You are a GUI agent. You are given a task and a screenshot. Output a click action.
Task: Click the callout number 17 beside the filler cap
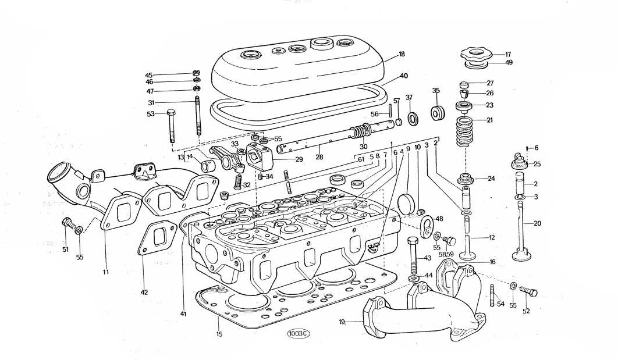[507, 54]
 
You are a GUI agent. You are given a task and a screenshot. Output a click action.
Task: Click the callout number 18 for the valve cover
[402, 54]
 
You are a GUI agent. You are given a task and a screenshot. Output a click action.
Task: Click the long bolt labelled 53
[172, 126]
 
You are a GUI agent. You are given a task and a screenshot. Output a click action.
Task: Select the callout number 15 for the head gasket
[219, 334]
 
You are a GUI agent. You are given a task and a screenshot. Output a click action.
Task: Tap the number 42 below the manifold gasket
[144, 292]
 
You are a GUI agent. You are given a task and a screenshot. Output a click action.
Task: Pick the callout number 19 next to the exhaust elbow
[343, 321]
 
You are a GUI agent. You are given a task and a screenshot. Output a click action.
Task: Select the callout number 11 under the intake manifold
[105, 272]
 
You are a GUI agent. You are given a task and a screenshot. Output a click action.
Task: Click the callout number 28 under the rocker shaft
[319, 158]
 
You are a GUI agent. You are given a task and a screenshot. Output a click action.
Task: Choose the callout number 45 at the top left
[148, 76]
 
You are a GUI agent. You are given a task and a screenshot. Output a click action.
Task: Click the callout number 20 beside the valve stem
[537, 223]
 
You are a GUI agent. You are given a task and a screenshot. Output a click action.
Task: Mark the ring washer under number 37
[413, 119]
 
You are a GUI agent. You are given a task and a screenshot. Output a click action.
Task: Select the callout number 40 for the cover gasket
[404, 76]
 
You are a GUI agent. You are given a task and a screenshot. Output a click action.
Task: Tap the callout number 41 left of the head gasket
[183, 314]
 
